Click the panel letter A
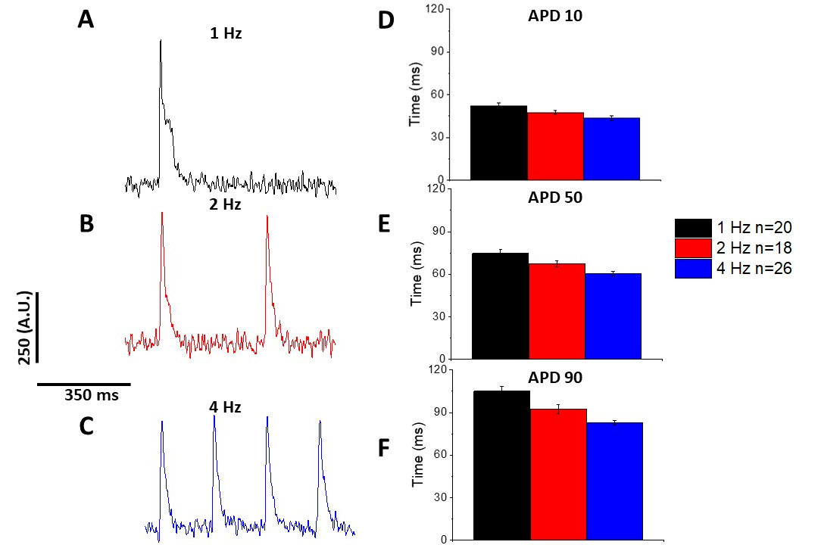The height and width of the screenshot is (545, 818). point(86,20)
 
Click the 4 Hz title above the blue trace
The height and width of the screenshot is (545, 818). point(225,407)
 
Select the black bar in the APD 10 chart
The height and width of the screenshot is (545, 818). point(498,143)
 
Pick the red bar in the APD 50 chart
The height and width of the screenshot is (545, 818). point(557,311)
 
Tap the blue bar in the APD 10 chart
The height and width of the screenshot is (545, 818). point(612,149)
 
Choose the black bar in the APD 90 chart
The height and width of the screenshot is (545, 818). point(501,466)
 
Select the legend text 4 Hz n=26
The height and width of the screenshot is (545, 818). point(755,268)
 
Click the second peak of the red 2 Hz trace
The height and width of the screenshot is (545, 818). point(267,216)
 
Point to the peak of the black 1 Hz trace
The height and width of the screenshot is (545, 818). point(161,41)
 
